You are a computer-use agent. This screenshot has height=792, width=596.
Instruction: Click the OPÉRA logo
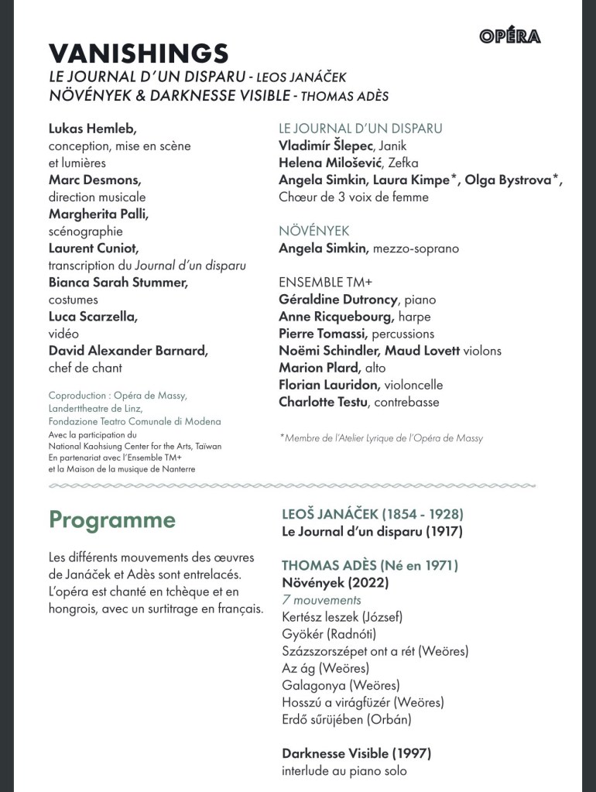click(509, 36)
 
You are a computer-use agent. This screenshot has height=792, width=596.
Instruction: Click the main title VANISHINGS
click(139, 53)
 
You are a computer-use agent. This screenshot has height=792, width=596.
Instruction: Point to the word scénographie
click(86, 231)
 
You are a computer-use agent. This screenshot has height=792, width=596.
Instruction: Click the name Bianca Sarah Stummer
click(118, 282)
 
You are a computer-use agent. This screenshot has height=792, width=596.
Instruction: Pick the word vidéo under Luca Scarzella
click(64, 333)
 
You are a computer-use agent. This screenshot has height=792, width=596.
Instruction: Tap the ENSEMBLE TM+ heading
click(320, 282)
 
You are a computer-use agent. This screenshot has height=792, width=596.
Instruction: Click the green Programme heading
click(112, 519)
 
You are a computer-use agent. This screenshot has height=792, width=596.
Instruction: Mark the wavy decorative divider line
click(293, 486)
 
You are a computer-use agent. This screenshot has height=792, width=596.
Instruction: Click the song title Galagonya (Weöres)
click(341, 685)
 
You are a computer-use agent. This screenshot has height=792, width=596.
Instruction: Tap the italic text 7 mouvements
click(321, 600)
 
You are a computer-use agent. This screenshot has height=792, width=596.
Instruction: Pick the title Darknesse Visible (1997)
click(356, 753)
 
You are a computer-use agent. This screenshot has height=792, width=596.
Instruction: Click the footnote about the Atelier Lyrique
click(381, 438)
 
